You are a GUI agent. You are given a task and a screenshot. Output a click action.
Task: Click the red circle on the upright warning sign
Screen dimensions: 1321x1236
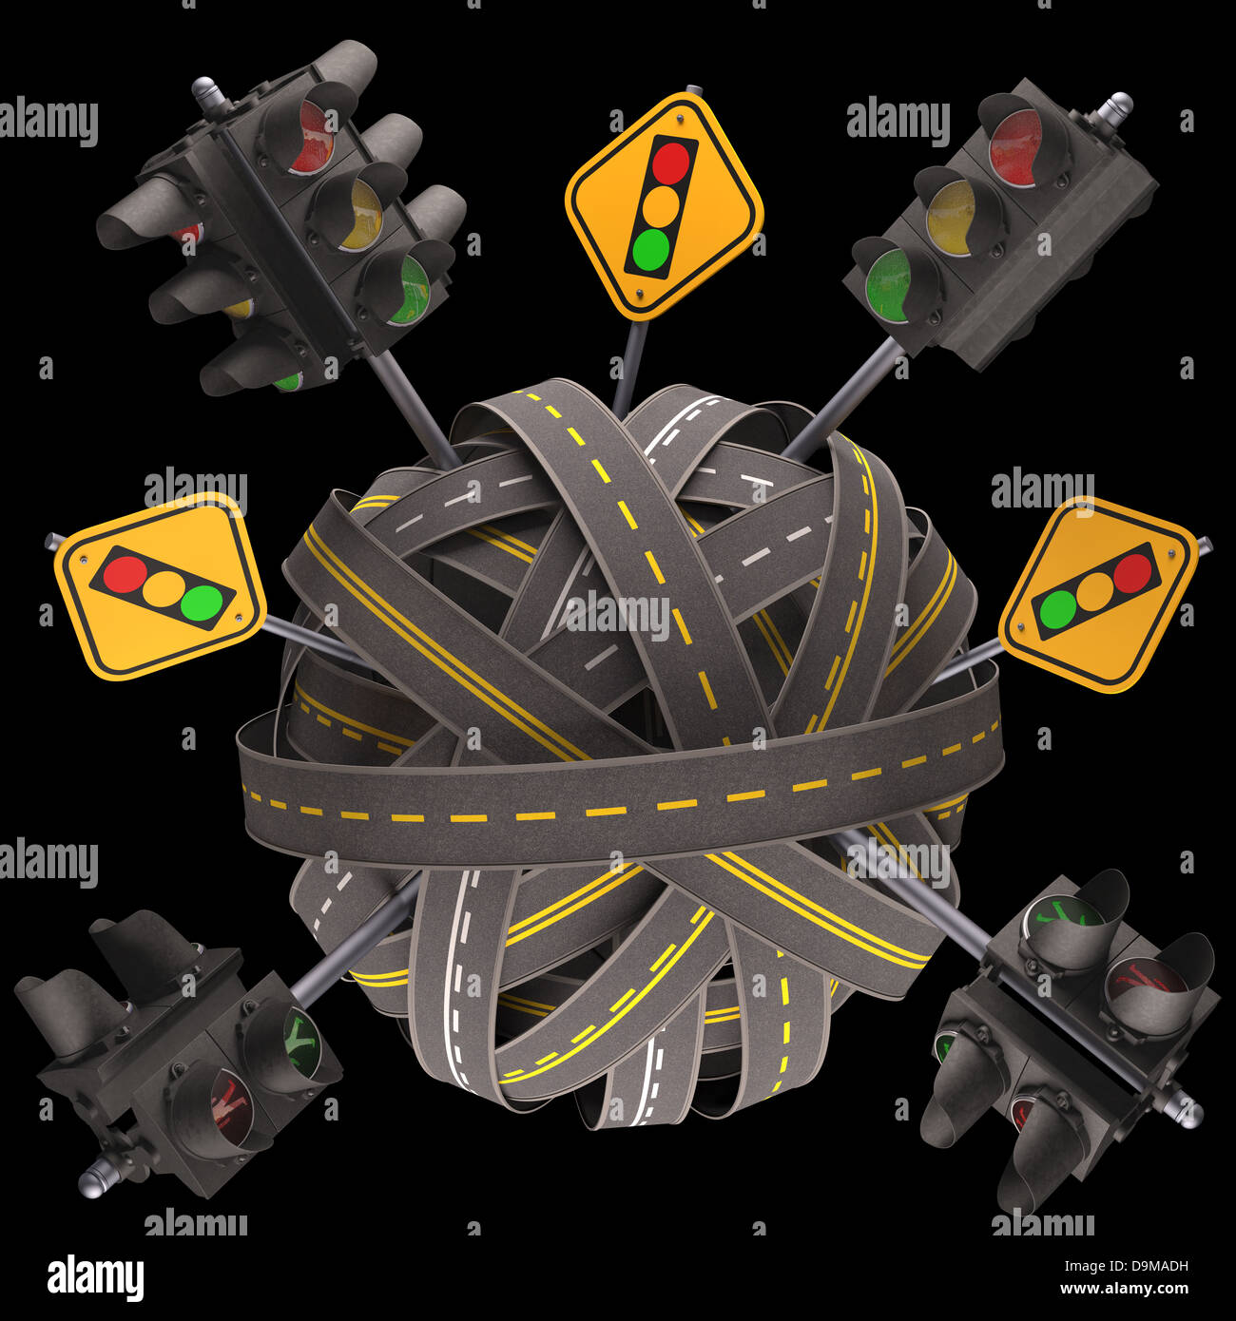tap(670, 162)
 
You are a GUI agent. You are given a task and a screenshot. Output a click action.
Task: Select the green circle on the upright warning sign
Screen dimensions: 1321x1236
tap(650, 249)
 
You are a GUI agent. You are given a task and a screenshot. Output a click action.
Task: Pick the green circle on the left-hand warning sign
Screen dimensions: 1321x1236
tap(202, 602)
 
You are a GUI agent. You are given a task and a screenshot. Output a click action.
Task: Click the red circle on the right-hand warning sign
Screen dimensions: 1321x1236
tap(1131, 572)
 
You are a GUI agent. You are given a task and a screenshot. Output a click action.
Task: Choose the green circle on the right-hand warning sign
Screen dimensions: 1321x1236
tap(1057, 608)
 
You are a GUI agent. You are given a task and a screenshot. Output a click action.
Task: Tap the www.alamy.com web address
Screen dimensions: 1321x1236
tap(1124, 1290)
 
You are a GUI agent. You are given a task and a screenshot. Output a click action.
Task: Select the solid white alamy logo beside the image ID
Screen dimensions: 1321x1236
tap(95, 1277)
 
